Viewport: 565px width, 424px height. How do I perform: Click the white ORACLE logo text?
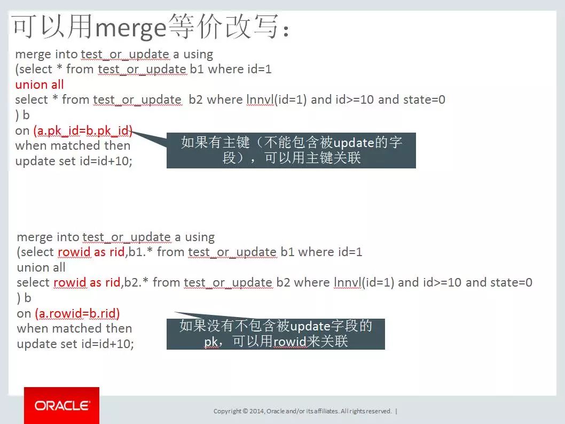point(62,406)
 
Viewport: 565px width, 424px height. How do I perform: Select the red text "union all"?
point(40,84)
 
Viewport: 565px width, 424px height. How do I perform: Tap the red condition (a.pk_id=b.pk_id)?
point(83,130)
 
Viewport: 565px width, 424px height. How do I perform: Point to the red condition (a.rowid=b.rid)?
point(77,313)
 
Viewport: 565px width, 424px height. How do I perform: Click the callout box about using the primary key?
point(291,150)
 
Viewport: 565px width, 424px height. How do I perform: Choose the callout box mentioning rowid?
point(276,334)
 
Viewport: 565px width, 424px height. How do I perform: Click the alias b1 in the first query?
point(197,69)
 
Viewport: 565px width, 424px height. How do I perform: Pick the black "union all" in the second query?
point(41,267)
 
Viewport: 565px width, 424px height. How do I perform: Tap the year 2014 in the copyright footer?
point(256,411)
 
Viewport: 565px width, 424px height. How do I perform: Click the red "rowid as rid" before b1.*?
point(91,252)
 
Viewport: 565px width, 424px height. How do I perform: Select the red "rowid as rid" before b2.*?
point(87,282)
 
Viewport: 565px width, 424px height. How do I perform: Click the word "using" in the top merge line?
point(198,55)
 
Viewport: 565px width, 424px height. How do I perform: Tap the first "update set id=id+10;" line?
point(74,161)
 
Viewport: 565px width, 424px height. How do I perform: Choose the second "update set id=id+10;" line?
point(75,344)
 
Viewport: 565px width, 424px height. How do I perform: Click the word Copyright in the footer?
point(227,411)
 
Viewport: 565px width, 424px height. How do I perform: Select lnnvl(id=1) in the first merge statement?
point(277,99)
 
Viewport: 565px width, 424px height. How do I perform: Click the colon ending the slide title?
point(286,31)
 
